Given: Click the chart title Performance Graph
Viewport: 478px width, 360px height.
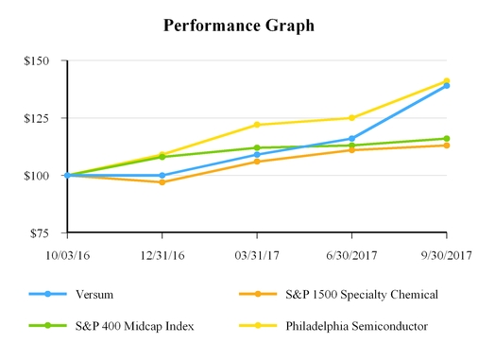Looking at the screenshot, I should pyautogui.click(x=238, y=26).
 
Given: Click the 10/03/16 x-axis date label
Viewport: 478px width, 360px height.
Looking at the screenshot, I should pyautogui.click(x=66, y=254).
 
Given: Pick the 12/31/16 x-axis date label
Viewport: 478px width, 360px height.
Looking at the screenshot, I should pyautogui.click(x=162, y=254).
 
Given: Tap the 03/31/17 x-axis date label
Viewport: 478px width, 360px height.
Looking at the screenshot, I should pyautogui.click(x=257, y=254).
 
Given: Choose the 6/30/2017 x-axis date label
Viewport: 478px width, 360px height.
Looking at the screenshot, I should pyautogui.click(x=351, y=254).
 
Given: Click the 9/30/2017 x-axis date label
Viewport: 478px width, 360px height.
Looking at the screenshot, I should pyautogui.click(x=446, y=254).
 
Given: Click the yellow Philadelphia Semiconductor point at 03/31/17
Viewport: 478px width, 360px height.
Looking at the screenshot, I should pyautogui.click(x=257, y=125).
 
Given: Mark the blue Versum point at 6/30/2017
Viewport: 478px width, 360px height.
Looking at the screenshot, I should pyautogui.click(x=351, y=139).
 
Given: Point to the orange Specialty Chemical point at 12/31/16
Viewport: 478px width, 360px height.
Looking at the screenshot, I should pyautogui.click(x=162, y=181).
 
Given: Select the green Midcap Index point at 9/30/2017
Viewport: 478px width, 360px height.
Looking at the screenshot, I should pyautogui.click(x=447, y=139).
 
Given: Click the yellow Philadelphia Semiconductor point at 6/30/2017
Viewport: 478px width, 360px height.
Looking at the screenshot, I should pyautogui.click(x=351, y=118).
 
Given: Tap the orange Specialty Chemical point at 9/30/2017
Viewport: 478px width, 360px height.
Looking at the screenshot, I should pyautogui.click(x=447, y=146).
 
